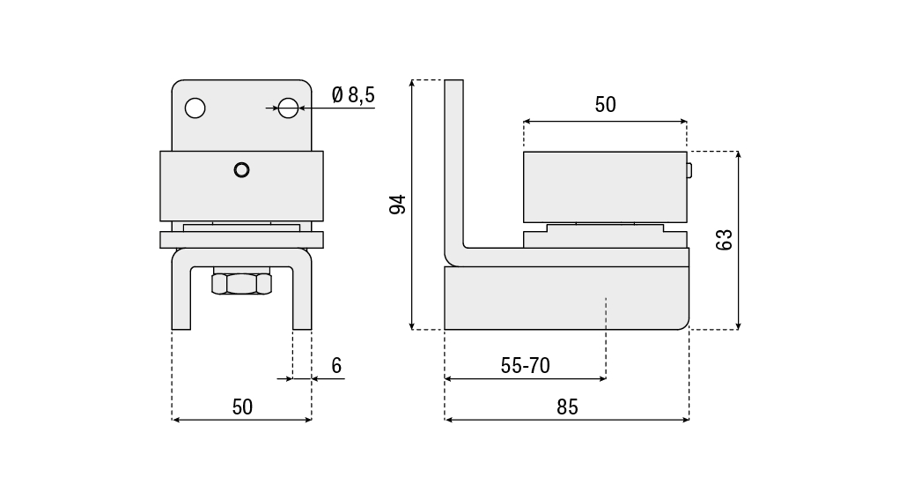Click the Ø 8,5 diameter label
click(x=352, y=94)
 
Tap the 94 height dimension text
click(x=397, y=205)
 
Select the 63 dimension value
click(x=724, y=239)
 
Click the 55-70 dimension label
click(x=525, y=366)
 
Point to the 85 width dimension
click(x=567, y=407)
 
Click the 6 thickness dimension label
click(x=336, y=366)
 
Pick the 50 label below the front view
click(x=242, y=407)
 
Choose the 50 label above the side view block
click(x=606, y=104)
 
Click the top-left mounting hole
click(x=195, y=108)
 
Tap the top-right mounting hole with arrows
click(x=288, y=108)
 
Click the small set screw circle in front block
click(x=241, y=170)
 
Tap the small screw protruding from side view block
click(x=689, y=170)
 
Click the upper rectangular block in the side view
click(x=605, y=187)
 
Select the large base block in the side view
click(x=566, y=298)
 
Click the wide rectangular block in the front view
click(x=241, y=186)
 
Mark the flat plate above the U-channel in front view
click(x=241, y=239)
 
